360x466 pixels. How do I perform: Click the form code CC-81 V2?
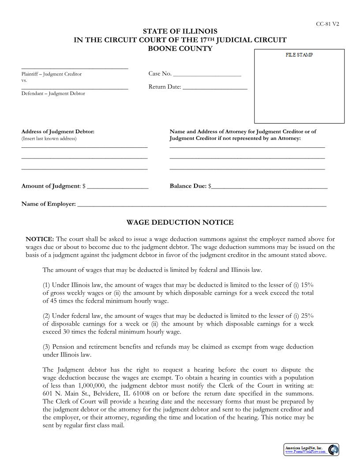pos(327,24)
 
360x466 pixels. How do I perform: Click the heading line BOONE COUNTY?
pos(180,49)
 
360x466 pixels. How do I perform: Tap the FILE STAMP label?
pos(299,55)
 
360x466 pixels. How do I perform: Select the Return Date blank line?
pos(215,87)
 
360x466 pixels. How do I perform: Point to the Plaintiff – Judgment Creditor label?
pos(52,74)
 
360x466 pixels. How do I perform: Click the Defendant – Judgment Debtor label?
pos(53,94)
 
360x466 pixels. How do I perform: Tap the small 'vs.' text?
pos(24,80)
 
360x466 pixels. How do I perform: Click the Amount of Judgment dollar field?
pos(118,187)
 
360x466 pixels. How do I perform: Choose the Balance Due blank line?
pos(269,187)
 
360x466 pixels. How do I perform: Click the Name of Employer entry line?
pos(202,205)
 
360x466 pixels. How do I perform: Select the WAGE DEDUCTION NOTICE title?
pos(180,222)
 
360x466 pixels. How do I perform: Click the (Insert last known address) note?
pos(49,139)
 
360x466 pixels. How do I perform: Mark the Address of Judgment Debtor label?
pos(58,132)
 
